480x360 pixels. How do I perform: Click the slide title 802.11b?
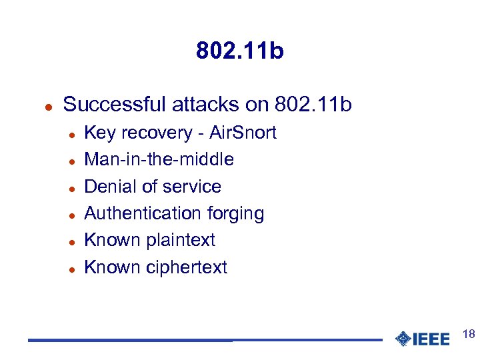pyautogui.click(x=240, y=51)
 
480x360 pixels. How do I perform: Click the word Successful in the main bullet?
pyautogui.click(x=114, y=105)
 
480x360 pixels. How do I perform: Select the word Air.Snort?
pyautogui.click(x=243, y=133)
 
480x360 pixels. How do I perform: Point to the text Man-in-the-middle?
pyautogui.click(x=159, y=159)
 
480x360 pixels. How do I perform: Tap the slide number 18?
pyautogui.click(x=468, y=334)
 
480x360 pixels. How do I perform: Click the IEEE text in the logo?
pyautogui.click(x=432, y=339)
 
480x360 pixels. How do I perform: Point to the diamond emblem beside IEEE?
pyautogui.click(x=403, y=339)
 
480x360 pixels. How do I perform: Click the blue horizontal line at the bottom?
pyautogui.click(x=200, y=341)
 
